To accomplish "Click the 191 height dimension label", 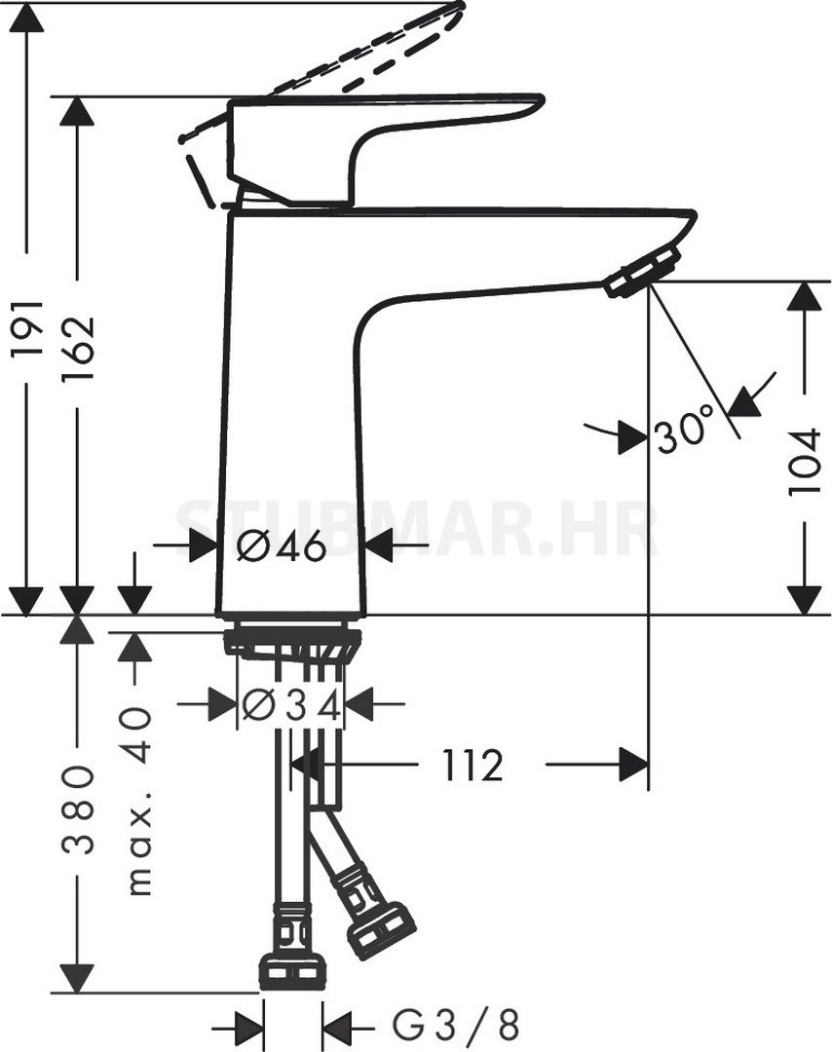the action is coord(27,328).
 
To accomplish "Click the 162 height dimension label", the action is coord(79,348).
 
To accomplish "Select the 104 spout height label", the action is coord(805,463).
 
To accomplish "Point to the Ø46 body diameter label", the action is coord(282,546).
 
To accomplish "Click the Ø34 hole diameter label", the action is coord(291,705).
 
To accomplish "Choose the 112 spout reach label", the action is coord(473,765).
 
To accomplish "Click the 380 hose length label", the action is coord(79,808).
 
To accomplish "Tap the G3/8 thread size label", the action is coord(456,1025).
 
